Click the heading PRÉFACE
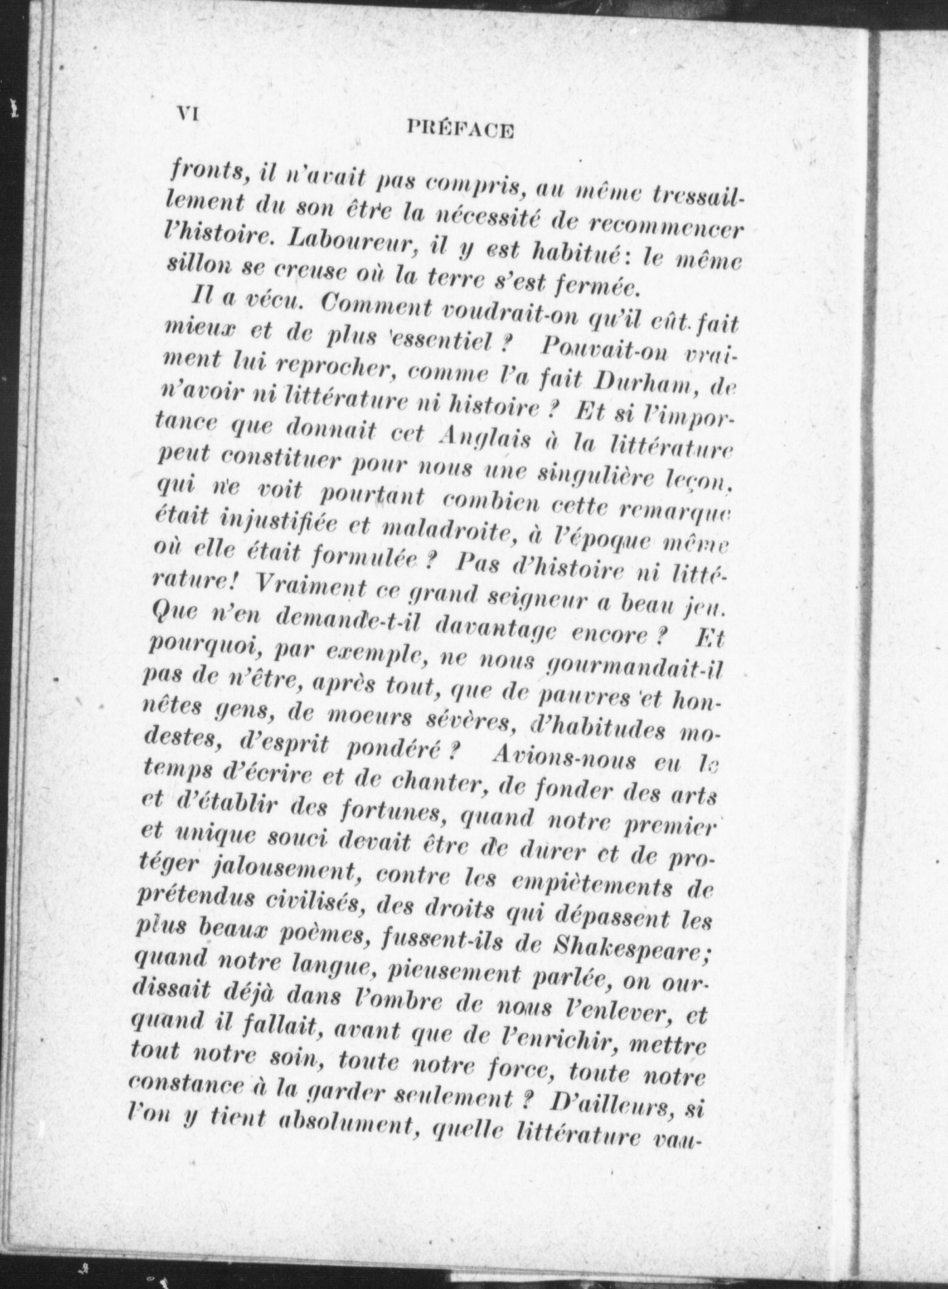pos(461,128)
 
